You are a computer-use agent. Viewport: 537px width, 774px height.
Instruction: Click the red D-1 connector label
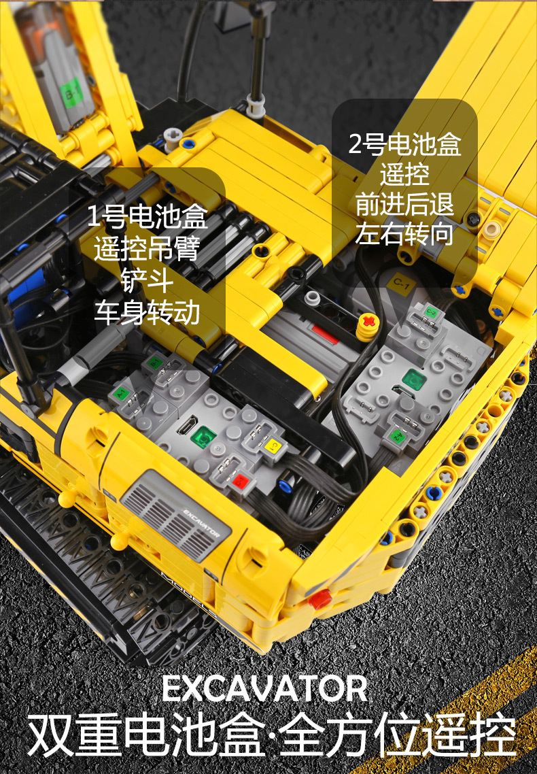coord(241,480)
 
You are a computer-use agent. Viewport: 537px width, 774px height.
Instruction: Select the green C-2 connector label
coord(430,312)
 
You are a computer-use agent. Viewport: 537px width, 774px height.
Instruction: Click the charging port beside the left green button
coord(187,426)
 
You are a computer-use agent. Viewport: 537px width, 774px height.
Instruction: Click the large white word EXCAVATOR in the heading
coord(265,688)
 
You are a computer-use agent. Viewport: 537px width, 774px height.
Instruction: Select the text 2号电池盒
coord(405,144)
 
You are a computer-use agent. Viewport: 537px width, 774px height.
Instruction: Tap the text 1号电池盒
coord(147,216)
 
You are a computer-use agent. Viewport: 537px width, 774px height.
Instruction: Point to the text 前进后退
coord(404,204)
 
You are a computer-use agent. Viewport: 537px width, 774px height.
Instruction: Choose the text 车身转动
coord(147,312)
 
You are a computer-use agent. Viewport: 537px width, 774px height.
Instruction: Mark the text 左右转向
coord(404,233)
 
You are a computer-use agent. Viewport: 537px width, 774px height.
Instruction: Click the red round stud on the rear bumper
coord(320,599)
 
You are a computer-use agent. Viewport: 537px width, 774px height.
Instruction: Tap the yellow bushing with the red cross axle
coord(367,326)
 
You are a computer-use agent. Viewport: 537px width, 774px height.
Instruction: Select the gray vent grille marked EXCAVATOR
coord(176,516)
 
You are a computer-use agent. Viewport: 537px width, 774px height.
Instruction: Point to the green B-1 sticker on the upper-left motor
coord(71,92)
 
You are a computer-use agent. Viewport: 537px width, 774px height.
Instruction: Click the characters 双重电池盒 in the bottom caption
coord(145,735)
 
